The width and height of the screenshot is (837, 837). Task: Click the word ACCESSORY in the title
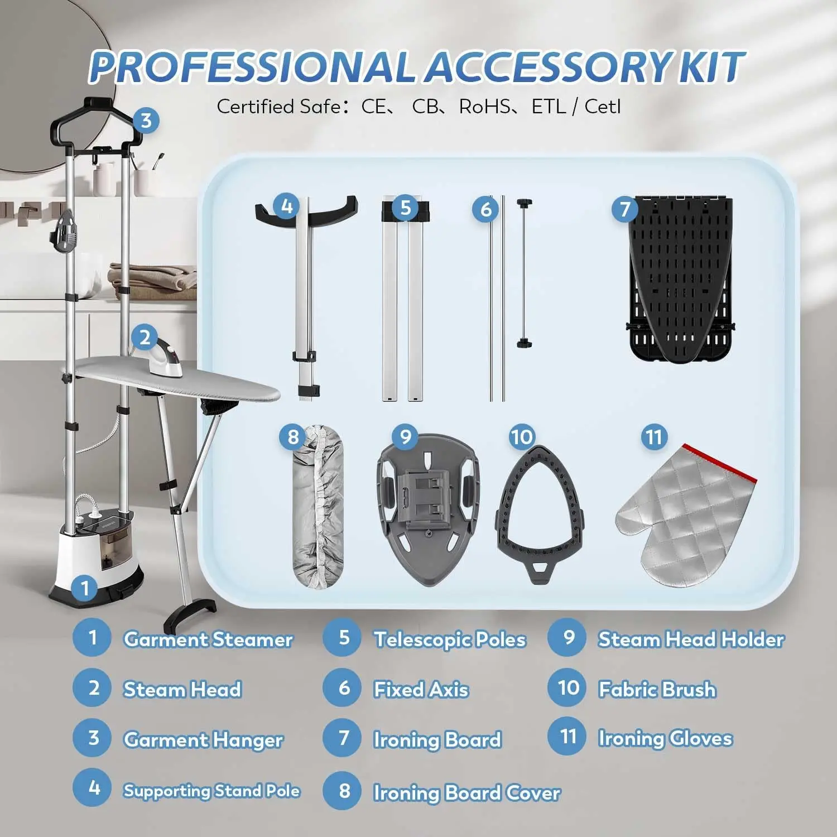549,68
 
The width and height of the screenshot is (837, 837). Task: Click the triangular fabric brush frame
540,513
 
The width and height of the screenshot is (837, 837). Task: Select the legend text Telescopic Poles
450,639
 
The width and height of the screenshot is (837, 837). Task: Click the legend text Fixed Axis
421,690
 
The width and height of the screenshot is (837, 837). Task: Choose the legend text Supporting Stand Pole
211,791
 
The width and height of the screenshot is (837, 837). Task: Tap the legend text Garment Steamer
208,639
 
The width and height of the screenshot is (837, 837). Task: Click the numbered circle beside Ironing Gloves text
568,737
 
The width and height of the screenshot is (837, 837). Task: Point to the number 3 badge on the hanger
146,121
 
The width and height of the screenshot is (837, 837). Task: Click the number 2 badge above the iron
145,337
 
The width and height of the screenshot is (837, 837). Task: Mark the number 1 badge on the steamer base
85,588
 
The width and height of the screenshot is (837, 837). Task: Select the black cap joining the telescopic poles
406,210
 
